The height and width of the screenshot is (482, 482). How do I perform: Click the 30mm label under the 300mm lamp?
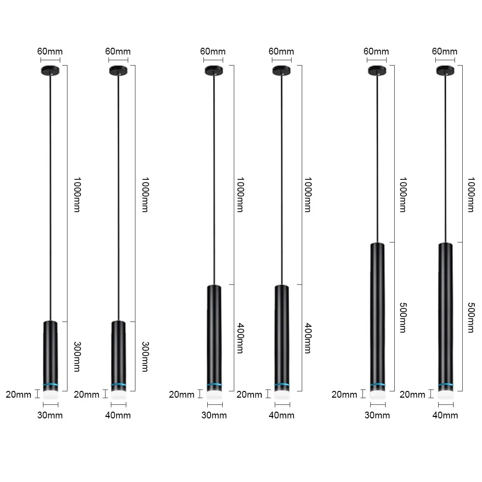point(50,415)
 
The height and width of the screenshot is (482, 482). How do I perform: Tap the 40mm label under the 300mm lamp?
point(118,415)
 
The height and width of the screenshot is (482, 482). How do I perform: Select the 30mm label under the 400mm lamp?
point(213,415)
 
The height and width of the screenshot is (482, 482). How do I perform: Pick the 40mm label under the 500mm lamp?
point(445,415)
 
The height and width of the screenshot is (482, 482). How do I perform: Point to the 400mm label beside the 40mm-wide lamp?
point(308,338)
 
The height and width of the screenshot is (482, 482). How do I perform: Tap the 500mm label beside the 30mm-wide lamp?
point(403,317)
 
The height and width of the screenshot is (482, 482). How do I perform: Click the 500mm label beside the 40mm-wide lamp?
point(471,317)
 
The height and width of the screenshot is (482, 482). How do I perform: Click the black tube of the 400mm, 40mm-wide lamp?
point(281,333)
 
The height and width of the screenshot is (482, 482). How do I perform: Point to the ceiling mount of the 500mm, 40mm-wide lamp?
point(445,70)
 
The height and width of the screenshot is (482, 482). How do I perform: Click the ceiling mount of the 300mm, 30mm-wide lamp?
point(50,70)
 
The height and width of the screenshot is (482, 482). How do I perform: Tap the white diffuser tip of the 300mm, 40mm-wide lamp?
point(118,394)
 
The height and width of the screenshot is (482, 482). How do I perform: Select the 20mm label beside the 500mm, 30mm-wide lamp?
point(344,395)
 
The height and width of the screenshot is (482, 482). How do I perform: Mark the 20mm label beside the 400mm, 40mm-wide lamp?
point(249,395)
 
